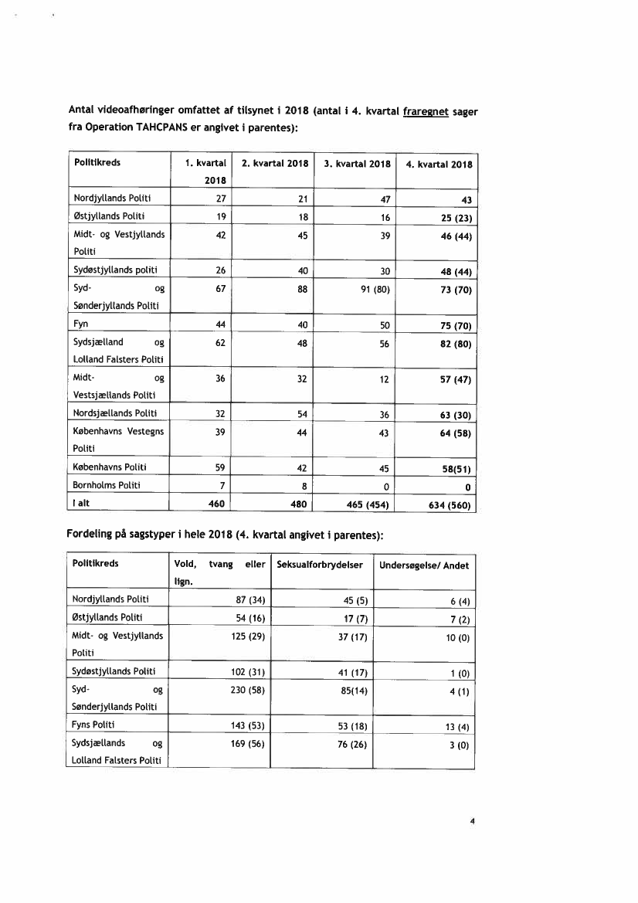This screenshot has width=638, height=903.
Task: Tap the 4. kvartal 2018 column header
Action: coord(439,164)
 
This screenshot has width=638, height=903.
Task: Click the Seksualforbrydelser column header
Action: coord(320,565)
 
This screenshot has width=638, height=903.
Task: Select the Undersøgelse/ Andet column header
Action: coord(424,565)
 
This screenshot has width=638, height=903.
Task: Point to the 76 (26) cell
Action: coord(351,744)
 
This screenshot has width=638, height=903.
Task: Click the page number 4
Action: coord(471,821)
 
